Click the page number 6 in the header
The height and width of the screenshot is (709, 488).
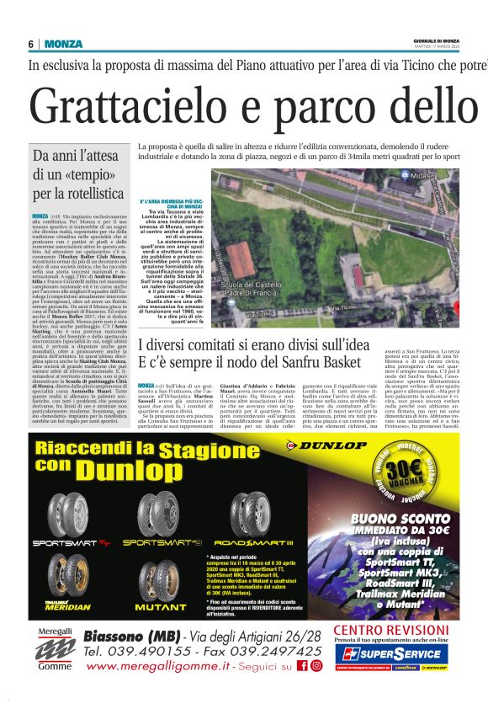click(31, 44)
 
